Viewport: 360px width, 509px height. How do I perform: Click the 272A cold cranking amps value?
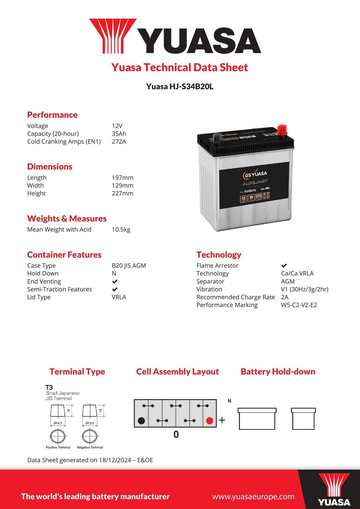point(119,142)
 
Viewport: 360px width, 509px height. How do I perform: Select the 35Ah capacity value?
point(119,134)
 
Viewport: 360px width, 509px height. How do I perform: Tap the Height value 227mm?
point(122,193)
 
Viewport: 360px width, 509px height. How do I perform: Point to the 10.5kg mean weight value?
point(121,230)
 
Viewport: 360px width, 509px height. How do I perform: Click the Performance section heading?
point(52,115)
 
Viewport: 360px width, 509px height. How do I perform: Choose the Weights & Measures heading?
point(67,219)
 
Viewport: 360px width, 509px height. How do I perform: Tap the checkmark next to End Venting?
point(115,282)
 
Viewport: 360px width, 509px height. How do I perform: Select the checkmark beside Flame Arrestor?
point(284,266)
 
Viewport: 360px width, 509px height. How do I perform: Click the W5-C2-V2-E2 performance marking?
point(299,305)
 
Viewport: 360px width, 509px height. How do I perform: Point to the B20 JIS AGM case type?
point(129,266)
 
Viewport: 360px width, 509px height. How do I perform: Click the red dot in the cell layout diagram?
point(210,421)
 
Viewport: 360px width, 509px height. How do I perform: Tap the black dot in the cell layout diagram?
point(141,421)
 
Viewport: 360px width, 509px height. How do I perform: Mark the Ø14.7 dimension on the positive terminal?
point(58,423)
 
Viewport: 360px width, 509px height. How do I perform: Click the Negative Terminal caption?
point(90,447)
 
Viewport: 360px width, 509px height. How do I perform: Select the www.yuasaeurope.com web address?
point(253,497)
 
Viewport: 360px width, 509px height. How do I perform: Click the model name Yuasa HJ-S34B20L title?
point(180,86)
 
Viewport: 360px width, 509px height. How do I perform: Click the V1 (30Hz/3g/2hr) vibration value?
point(304,289)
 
